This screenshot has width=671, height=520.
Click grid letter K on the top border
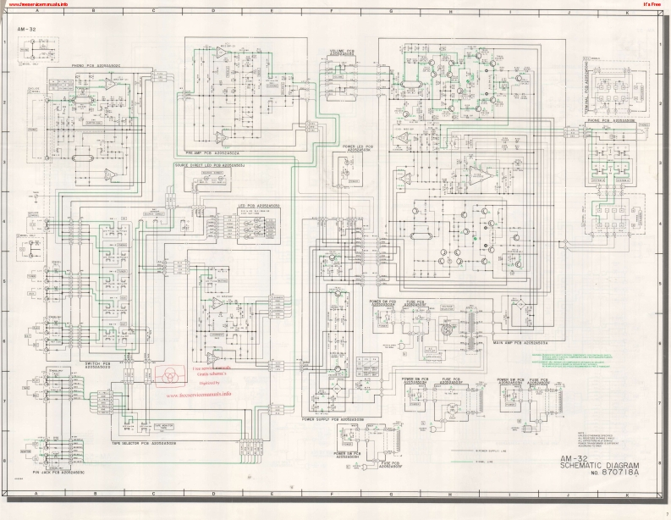point(626,13)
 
